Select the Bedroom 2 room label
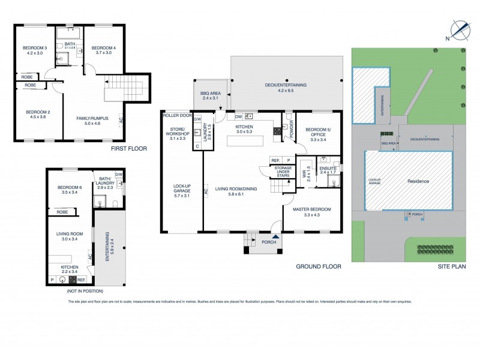point(35,115)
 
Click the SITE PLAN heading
point(448,266)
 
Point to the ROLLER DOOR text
point(176,115)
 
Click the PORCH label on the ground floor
point(269,242)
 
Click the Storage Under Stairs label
point(283,172)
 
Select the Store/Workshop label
point(177,136)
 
